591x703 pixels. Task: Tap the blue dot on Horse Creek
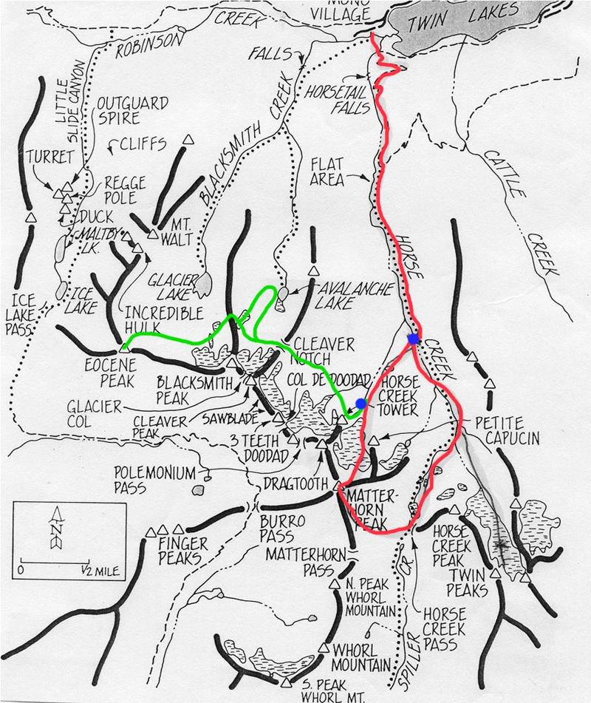click(x=414, y=339)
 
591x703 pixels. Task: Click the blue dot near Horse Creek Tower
click(x=361, y=403)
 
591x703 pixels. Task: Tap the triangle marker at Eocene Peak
click(x=123, y=346)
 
